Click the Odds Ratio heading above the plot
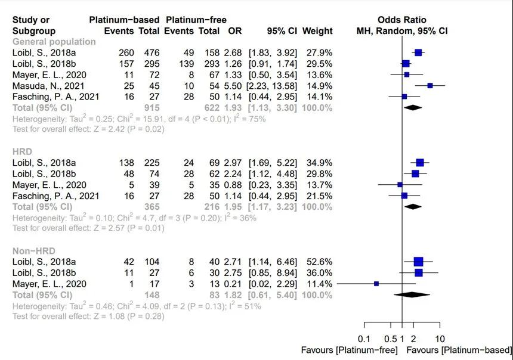[401, 20]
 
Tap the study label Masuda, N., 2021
[50, 85]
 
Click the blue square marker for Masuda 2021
[430, 85]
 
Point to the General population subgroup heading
[54, 42]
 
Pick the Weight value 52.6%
[318, 262]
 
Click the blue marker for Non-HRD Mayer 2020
[376, 284]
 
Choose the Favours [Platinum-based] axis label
[459, 350]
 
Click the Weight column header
[317, 31]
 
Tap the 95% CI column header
[282, 31]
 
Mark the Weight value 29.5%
[318, 63]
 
